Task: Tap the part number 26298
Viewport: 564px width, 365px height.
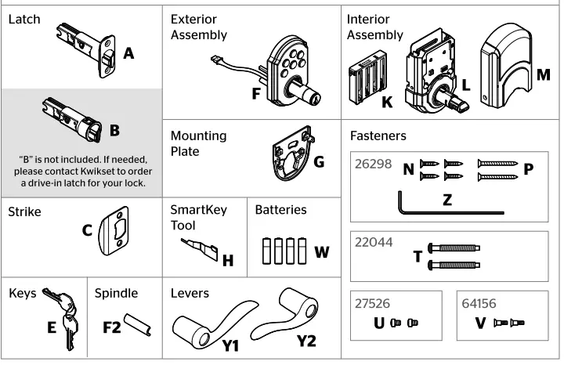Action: (x=374, y=167)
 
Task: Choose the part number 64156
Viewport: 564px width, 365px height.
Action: (x=479, y=303)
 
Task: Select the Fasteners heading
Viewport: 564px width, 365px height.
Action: (x=378, y=136)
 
